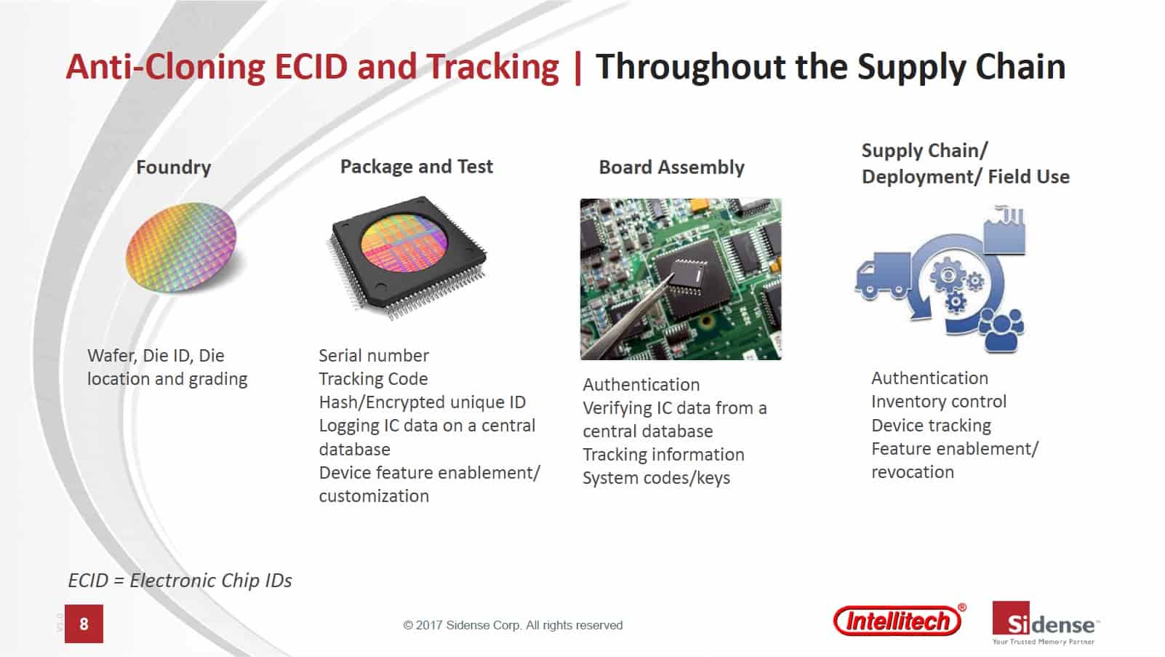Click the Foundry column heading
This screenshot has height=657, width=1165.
point(173,167)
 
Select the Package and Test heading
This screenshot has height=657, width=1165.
point(416,167)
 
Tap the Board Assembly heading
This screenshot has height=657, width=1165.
point(671,167)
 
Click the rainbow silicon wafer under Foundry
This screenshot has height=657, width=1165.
point(181,247)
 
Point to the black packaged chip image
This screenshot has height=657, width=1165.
point(408,257)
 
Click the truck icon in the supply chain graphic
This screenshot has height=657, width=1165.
point(883,276)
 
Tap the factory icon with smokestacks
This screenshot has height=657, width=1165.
point(1004,231)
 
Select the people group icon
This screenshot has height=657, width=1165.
point(1001,330)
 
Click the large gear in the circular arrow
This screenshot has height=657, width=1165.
point(948,274)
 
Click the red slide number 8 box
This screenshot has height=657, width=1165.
point(84,624)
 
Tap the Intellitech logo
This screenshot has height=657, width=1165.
point(900,620)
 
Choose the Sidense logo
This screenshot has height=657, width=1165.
point(1046,624)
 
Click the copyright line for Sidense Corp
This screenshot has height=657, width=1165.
point(513,625)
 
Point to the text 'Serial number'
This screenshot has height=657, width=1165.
point(374,356)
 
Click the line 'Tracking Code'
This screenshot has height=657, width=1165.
point(373,379)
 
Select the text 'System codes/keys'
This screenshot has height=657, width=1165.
point(657,478)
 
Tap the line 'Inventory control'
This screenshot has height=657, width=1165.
point(939,402)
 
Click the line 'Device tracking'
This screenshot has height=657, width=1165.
point(931,426)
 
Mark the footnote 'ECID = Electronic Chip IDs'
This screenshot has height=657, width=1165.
point(180,581)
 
